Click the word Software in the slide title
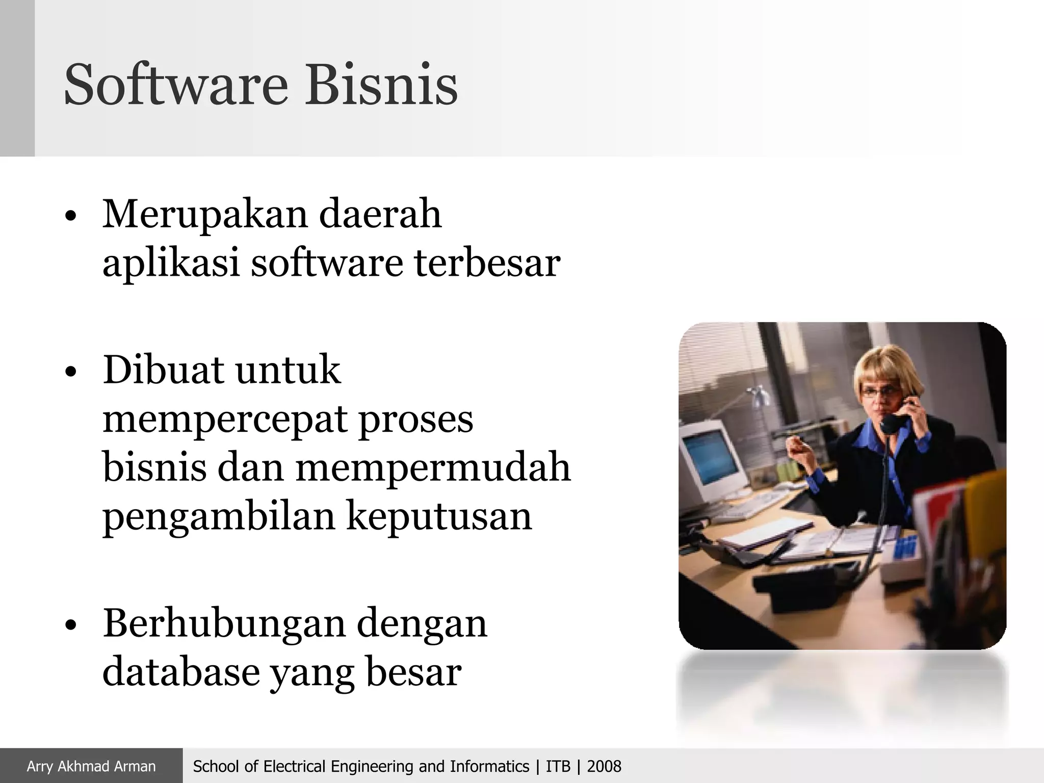click(x=176, y=84)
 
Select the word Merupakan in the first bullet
click(x=205, y=215)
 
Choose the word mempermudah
click(x=433, y=467)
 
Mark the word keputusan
click(x=439, y=516)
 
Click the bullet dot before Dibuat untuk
click(x=71, y=373)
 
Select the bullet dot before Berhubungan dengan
click(x=71, y=625)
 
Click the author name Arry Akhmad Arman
click(x=91, y=766)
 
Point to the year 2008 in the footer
click(x=604, y=766)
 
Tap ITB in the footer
click(x=558, y=766)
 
